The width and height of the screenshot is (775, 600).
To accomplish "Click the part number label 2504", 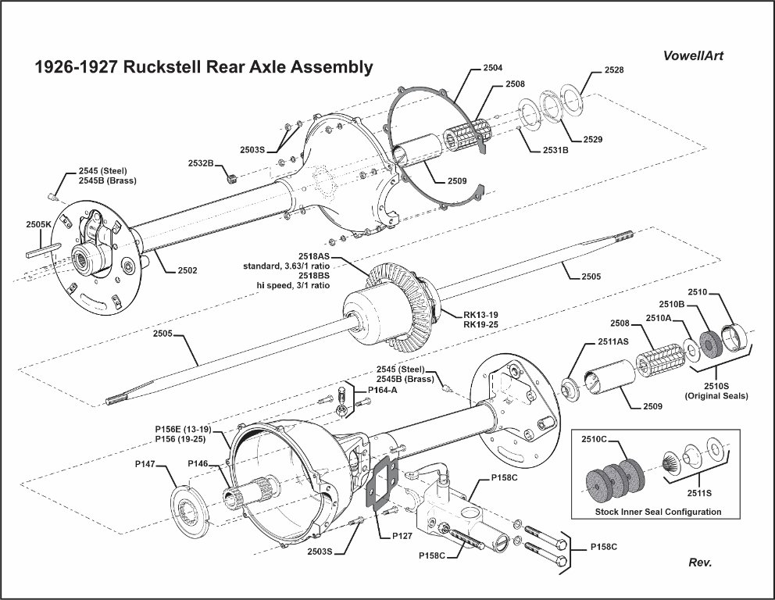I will point(493,69).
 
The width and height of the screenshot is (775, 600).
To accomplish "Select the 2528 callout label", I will point(614,70).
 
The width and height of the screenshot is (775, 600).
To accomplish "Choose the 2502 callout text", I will point(187,270).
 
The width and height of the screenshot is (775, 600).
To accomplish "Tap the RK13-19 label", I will point(481,315).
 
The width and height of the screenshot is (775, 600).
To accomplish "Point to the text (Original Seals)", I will point(716,396).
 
